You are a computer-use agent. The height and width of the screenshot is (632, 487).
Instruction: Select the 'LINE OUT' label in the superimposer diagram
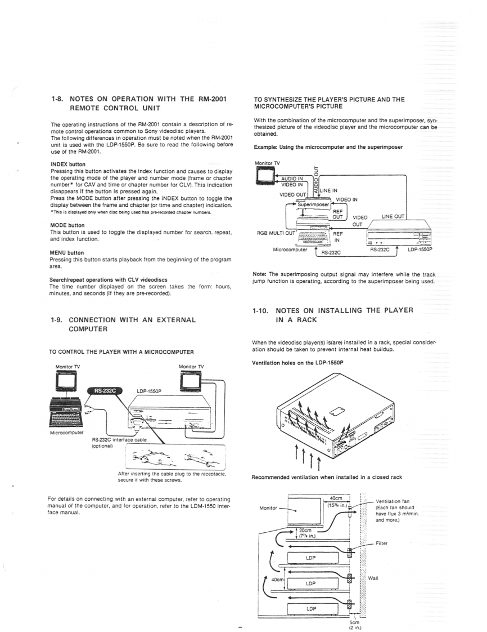coord(393,216)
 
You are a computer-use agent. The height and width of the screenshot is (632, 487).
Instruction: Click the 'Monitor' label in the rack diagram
coord(268,507)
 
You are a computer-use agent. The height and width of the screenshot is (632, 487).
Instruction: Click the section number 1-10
coord(262,310)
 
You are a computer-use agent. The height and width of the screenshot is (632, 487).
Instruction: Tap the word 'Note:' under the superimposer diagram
coord(261,274)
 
